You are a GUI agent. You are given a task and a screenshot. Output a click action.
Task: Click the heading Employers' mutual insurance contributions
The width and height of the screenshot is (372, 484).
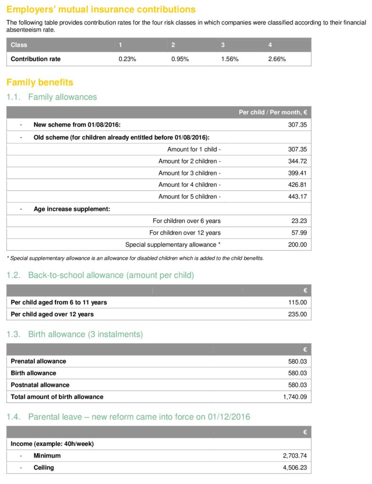point(101,9)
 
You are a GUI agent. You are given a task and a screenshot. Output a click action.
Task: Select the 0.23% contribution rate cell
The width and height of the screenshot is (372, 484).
point(127,59)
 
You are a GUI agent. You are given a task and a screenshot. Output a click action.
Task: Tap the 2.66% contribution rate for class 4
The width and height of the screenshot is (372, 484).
point(277,59)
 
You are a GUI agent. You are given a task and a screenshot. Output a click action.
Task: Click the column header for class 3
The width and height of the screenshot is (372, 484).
point(223,45)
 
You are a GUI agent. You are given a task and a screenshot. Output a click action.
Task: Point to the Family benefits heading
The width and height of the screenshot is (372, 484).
point(40,82)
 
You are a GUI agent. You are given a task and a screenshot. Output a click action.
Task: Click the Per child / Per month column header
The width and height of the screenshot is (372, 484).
point(273,112)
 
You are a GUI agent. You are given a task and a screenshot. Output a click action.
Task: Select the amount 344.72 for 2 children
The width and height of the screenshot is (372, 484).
point(297,161)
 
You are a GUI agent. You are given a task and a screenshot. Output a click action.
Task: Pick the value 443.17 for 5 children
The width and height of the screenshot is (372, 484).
point(297,197)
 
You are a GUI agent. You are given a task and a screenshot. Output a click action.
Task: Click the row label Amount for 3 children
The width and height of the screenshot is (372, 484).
point(190,173)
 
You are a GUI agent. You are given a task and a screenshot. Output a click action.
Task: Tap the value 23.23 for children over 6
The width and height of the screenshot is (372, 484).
point(299,221)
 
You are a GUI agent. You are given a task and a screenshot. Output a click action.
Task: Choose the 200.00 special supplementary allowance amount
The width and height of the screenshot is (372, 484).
point(297,244)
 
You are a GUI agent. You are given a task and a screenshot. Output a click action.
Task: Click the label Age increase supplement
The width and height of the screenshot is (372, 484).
point(72,209)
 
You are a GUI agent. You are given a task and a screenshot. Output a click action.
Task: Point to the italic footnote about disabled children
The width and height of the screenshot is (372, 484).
point(135,259)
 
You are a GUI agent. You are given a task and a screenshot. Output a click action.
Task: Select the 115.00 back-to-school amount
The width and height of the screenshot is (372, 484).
point(297,302)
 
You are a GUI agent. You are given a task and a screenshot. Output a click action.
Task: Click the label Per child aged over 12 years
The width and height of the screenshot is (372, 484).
point(52,314)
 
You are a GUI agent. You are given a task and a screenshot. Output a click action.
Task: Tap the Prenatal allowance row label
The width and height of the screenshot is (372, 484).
point(38,361)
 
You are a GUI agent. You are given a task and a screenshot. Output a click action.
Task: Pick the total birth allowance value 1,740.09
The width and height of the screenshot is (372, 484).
point(295,397)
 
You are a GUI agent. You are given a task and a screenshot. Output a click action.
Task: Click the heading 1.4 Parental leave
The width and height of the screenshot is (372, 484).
point(128,417)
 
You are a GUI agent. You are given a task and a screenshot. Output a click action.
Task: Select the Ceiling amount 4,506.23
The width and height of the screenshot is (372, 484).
point(295,468)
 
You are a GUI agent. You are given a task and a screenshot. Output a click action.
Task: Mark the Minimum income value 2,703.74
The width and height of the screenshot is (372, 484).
point(295,456)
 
